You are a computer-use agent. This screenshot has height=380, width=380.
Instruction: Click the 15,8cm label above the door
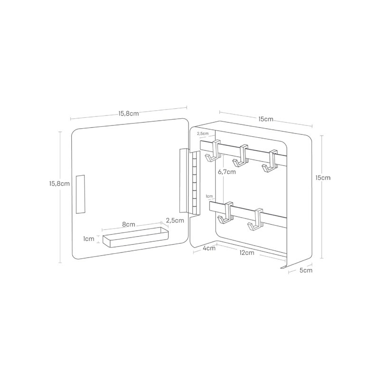tap(129, 114)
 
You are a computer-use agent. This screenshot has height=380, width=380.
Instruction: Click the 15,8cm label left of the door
tap(59, 183)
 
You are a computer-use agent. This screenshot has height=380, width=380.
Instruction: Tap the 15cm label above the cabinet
tap(266, 119)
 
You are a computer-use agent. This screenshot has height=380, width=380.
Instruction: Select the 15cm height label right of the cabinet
tap(323, 178)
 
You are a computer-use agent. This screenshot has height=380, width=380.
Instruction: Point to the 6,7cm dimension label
tap(227, 172)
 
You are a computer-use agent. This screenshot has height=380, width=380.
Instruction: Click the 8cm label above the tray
tap(129, 224)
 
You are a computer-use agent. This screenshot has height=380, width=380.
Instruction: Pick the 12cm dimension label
tap(247, 253)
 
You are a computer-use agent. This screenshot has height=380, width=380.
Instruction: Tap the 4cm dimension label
tap(209, 248)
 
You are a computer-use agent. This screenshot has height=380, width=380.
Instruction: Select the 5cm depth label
tap(306, 270)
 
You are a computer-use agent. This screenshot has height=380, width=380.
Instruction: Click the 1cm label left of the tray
tap(89, 239)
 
